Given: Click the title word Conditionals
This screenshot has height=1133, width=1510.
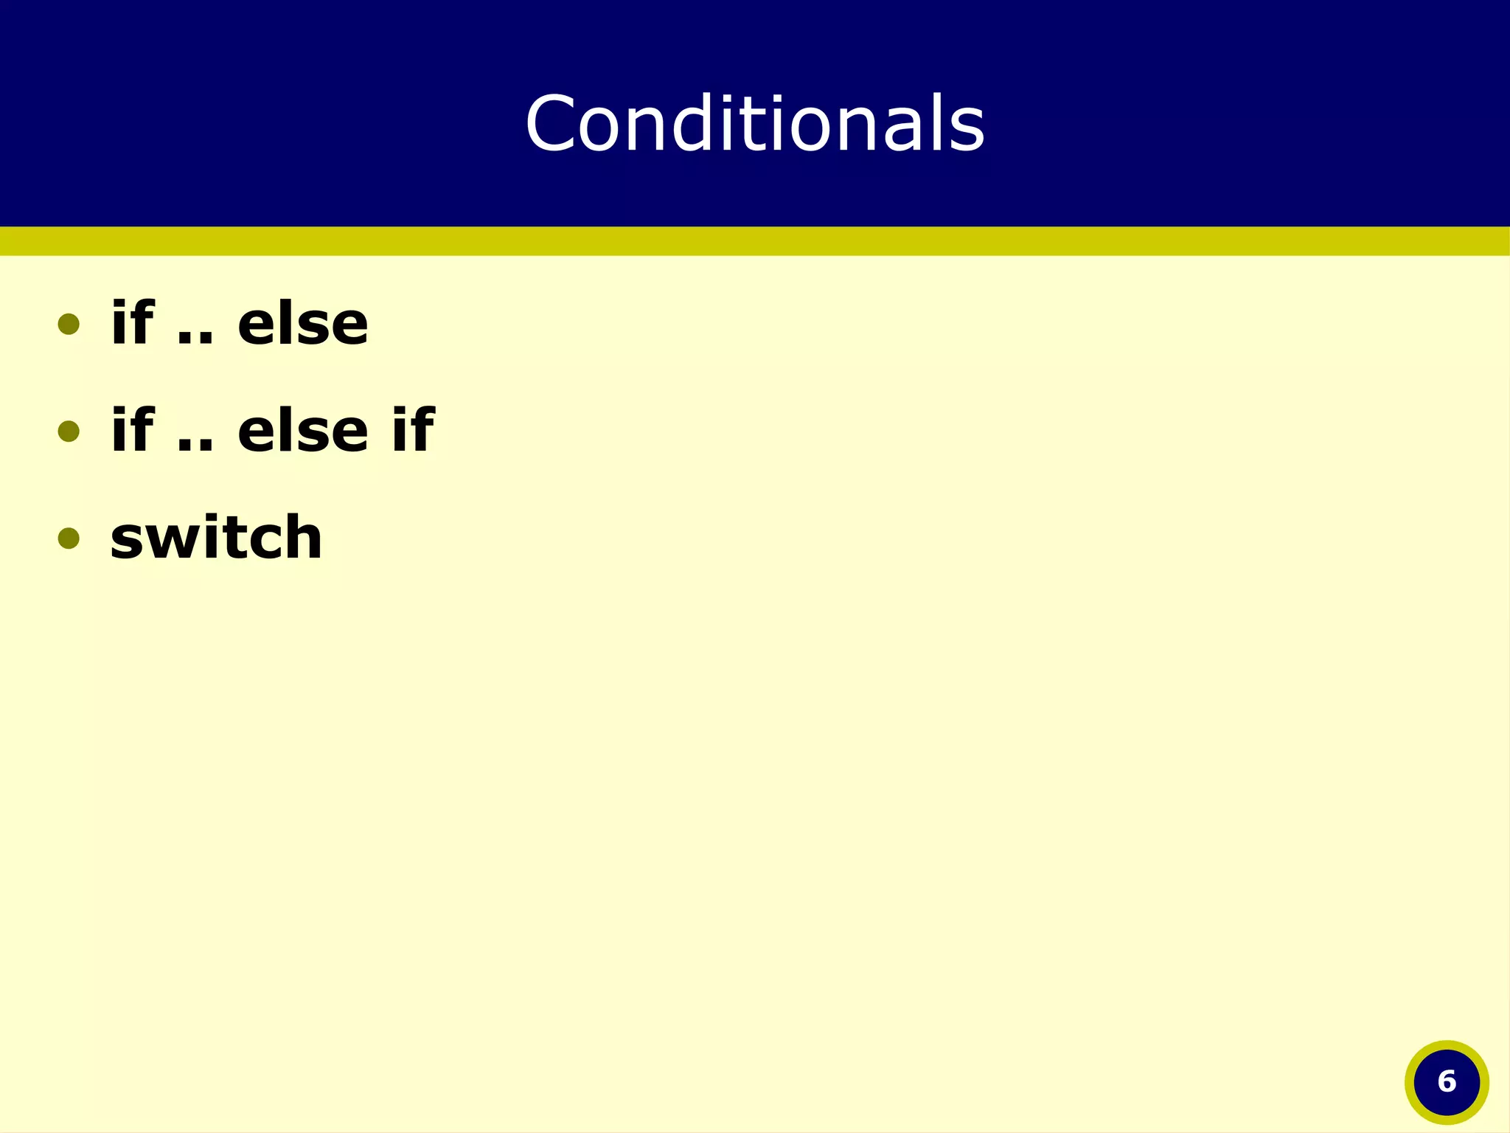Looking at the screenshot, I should click(755, 123).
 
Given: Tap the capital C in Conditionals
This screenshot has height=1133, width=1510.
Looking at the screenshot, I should click(549, 124).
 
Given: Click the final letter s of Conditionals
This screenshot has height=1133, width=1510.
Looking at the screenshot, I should click(967, 131).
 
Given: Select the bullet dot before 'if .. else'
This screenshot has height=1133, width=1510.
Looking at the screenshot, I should click(69, 324).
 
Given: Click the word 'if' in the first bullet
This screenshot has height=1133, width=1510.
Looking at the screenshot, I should click(133, 322).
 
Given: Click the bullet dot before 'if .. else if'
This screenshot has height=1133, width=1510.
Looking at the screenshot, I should click(69, 431).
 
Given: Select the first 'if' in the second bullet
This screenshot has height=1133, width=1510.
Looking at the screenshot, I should click(133, 429).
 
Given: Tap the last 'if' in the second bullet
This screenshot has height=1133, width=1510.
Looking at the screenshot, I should click(413, 429).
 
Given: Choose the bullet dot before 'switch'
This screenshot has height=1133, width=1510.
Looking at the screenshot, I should click(69, 538).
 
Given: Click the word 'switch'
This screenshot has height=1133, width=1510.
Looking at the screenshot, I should click(216, 536).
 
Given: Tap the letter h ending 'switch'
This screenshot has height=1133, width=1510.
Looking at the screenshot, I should click(303, 536).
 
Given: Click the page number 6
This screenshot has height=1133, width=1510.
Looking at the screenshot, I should click(1447, 1082).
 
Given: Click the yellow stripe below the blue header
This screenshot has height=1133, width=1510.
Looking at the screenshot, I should click(755, 241).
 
